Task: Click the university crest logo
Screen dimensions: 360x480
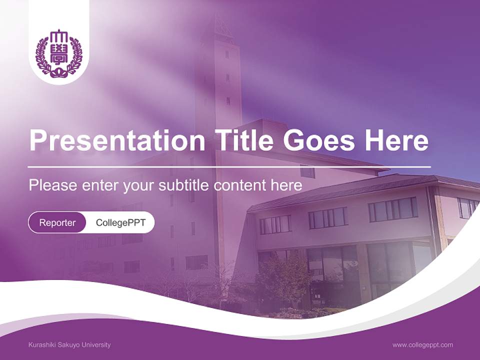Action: tap(58, 54)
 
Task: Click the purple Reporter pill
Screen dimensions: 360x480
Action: tap(57, 222)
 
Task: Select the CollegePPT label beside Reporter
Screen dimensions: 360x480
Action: tap(120, 222)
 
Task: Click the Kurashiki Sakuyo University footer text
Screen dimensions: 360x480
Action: tap(69, 345)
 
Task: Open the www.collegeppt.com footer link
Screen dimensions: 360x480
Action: tap(422, 345)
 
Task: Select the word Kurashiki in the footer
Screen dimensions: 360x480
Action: tap(43, 345)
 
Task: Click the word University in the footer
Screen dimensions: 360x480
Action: tap(97, 345)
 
